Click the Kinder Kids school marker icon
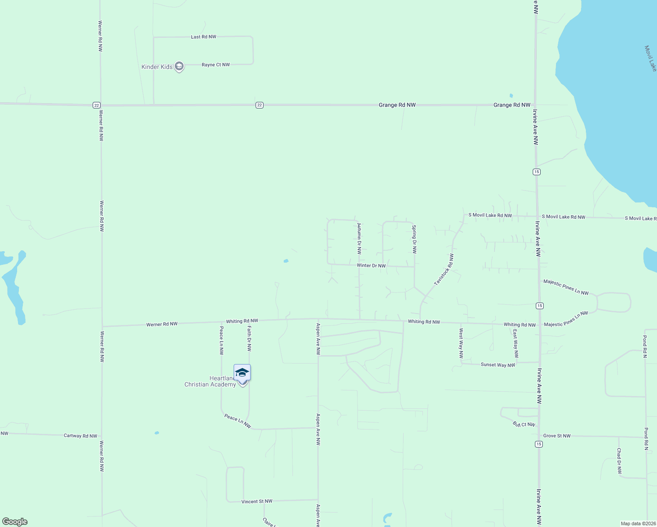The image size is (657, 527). pyautogui.click(x=179, y=67)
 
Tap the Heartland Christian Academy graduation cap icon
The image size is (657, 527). pyautogui.click(x=242, y=373)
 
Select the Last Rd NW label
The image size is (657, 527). pyautogui.click(x=203, y=37)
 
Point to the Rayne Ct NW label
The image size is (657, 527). pyautogui.click(x=216, y=65)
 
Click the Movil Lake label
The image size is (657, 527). pyautogui.click(x=650, y=58)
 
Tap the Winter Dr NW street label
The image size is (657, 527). pyautogui.click(x=371, y=266)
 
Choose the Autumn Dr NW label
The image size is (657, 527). pyautogui.click(x=359, y=239)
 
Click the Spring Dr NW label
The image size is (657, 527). pyautogui.click(x=414, y=239)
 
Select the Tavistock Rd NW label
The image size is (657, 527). pyautogui.click(x=444, y=270)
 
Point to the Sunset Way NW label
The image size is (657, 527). pyautogui.click(x=498, y=365)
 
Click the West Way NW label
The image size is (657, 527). pyautogui.click(x=461, y=343)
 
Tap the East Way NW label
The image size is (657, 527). pyautogui.click(x=516, y=343)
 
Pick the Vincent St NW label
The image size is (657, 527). pyautogui.click(x=257, y=502)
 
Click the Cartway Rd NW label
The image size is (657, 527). pyautogui.click(x=80, y=436)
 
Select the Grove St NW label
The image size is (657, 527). pyautogui.click(x=557, y=436)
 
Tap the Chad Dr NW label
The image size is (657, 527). pyautogui.click(x=619, y=461)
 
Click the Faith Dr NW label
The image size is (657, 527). pyautogui.click(x=249, y=339)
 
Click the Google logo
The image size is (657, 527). pyautogui.click(x=15, y=522)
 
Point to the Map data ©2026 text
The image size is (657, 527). pyautogui.click(x=638, y=523)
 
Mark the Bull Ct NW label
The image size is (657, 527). pyautogui.click(x=524, y=425)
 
